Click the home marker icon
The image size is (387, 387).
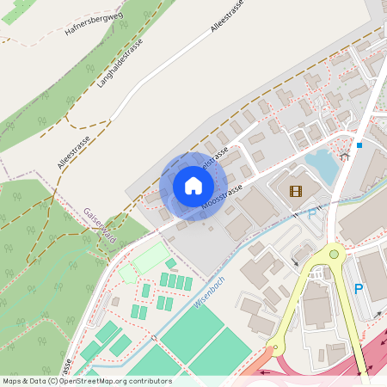(193, 186)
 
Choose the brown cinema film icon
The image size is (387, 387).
(296, 191)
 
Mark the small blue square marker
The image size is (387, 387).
(359, 145)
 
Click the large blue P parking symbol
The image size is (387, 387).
(359, 289)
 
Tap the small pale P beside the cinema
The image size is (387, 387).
(311, 215)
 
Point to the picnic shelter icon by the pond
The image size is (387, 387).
(344, 157)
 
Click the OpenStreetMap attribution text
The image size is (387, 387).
(86, 381)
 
